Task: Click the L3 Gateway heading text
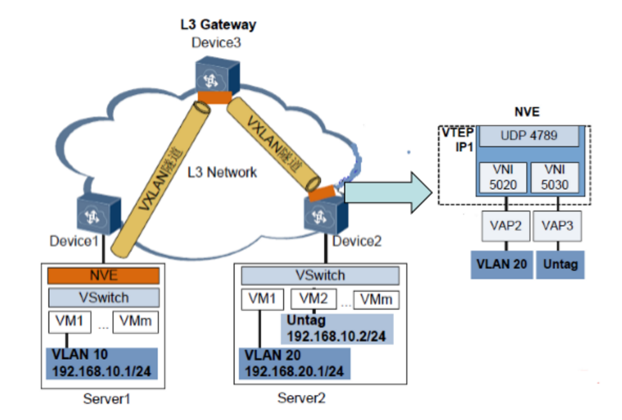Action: (218, 26)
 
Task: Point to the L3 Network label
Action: (224, 172)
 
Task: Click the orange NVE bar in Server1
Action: (103, 276)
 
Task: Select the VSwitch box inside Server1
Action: (103, 297)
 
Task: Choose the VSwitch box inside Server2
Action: (319, 276)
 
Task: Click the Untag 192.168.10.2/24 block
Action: (336, 329)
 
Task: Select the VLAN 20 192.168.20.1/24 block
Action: (294, 363)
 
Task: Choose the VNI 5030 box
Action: (558, 177)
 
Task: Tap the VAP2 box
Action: (506, 226)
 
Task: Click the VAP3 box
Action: (558, 226)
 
